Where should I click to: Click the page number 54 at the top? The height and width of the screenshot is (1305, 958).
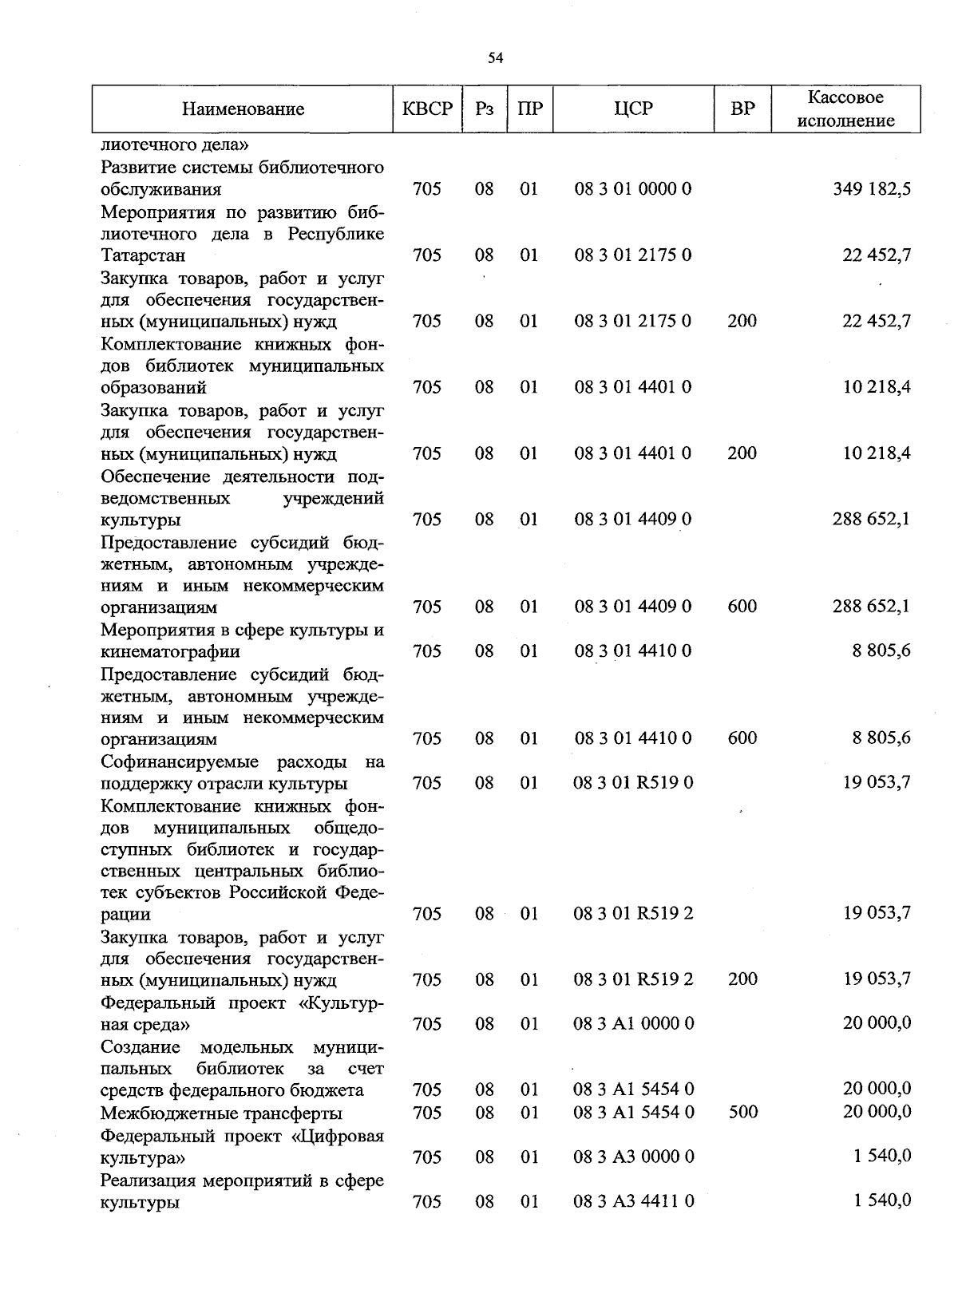[x=496, y=57]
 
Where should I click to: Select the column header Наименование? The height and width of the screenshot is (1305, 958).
[x=243, y=109]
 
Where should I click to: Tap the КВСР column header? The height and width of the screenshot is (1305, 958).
[x=427, y=109]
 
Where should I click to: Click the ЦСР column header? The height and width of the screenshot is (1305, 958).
[x=633, y=109]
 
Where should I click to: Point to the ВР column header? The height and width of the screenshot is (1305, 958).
[x=742, y=109]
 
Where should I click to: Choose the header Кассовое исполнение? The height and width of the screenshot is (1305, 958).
[x=845, y=109]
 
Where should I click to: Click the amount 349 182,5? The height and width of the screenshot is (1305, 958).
[x=871, y=189]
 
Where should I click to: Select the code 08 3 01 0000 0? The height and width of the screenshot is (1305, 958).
[x=633, y=189]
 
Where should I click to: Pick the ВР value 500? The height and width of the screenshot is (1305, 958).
[x=742, y=1112]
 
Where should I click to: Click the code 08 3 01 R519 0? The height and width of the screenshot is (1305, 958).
[x=633, y=782]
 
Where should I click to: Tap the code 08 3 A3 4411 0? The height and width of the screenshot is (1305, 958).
[x=633, y=1200]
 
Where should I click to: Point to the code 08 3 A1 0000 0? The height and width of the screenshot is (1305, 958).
[x=633, y=1023]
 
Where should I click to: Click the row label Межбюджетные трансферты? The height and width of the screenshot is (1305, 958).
[x=221, y=1113]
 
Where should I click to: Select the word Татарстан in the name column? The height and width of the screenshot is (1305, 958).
[x=143, y=255]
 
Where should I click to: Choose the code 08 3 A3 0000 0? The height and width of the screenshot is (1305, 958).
[x=633, y=1156]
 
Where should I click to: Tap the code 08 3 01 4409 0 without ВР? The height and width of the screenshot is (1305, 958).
[x=633, y=520]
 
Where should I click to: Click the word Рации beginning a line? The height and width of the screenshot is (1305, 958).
[x=125, y=914]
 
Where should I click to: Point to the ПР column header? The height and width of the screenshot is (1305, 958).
[x=529, y=109]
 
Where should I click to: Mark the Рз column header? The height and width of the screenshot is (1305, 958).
[x=484, y=109]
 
